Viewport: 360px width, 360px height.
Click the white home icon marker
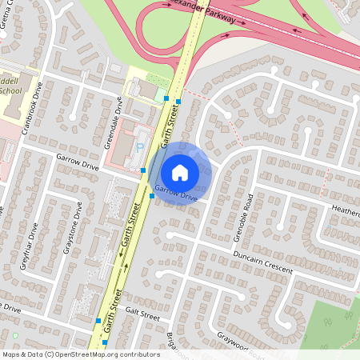click(x=180, y=172)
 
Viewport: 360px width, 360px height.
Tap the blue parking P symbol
click(x=141, y=146)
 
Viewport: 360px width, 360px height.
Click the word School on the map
click(x=10, y=90)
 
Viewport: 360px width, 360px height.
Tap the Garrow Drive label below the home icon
click(x=176, y=193)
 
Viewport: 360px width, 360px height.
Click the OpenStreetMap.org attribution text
click(x=103, y=353)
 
